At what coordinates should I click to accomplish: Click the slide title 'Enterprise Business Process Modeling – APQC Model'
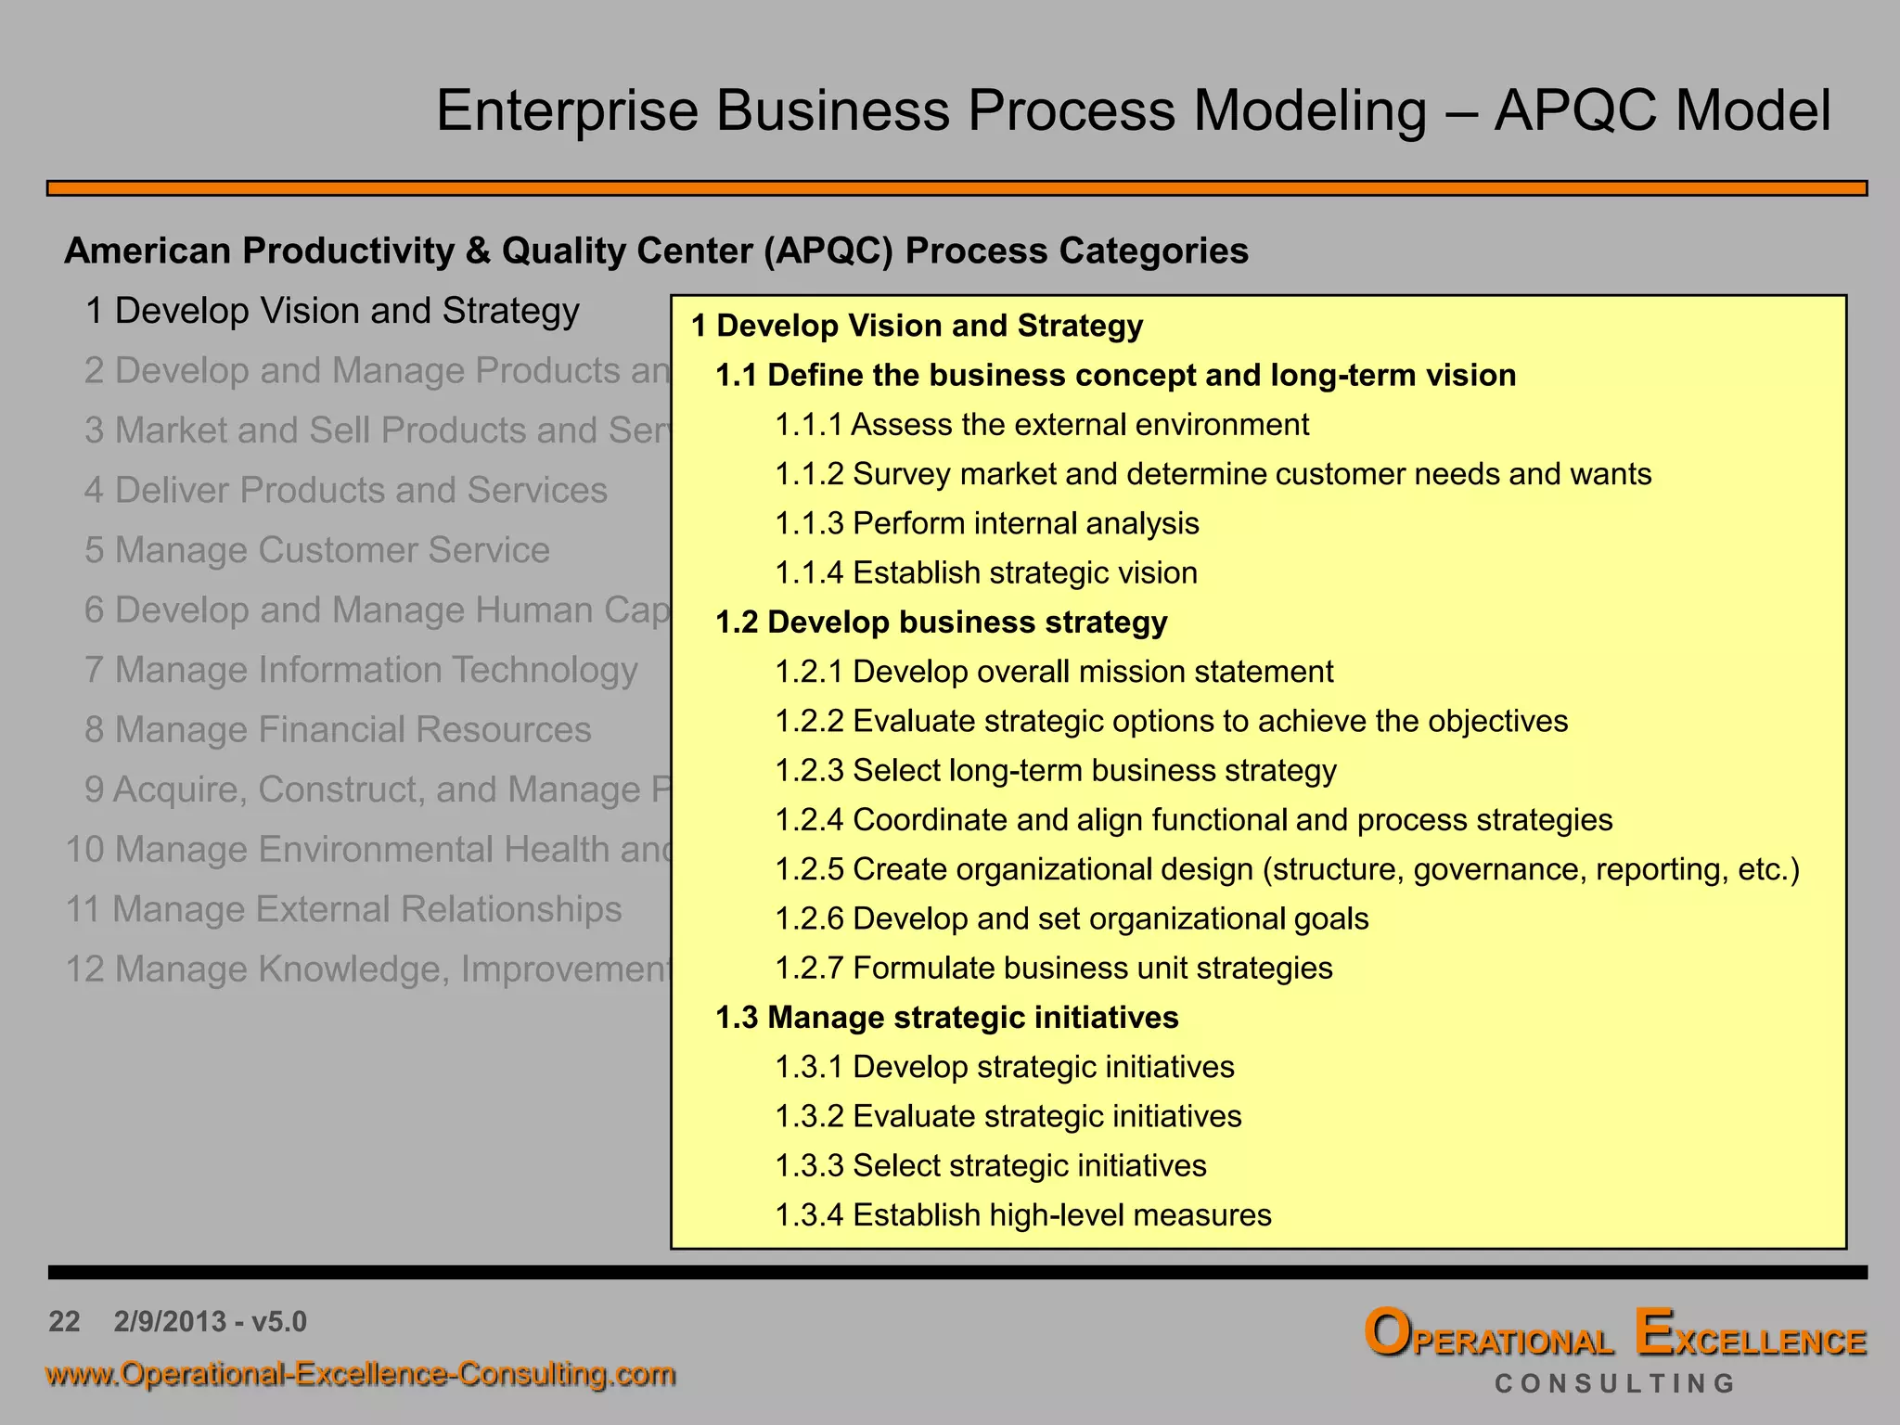[x=1133, y=110]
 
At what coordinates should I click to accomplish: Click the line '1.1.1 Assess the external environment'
[x=1042, y=425]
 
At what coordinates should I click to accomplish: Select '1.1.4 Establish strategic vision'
[x=986, y=573]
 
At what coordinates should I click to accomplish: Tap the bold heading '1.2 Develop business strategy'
[x=941, y=623]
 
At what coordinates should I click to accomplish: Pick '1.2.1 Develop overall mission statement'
[x=1054, y=672]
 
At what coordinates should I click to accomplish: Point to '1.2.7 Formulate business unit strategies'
[x=1054, y=969]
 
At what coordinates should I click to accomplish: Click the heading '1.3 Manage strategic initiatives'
[x=946, y=1018]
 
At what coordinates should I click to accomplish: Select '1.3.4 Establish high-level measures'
[x=1023, y=1215]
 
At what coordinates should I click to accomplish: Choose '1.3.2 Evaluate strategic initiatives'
[x=1008, y=1117]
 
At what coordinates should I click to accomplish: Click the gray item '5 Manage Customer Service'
[x=317, y=550]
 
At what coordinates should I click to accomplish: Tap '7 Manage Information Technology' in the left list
[x=361, y=670]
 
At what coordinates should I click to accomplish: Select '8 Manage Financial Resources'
[x=338, y=730]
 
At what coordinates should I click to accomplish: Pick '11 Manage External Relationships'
[x=343, y=909]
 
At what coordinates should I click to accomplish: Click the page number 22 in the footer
[x=64, y=1321]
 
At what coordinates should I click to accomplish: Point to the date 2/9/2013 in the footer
[x=170, y=1321]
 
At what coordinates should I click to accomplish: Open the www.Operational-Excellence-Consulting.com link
[x=361, y=1374]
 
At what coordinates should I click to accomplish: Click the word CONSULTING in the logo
[x=1614, y=1384]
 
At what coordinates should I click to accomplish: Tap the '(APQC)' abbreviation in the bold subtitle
[x=828, y=251]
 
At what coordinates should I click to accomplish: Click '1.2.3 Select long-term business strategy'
[x=1056, y=771]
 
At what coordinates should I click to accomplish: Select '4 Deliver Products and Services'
[x=346, y=491]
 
